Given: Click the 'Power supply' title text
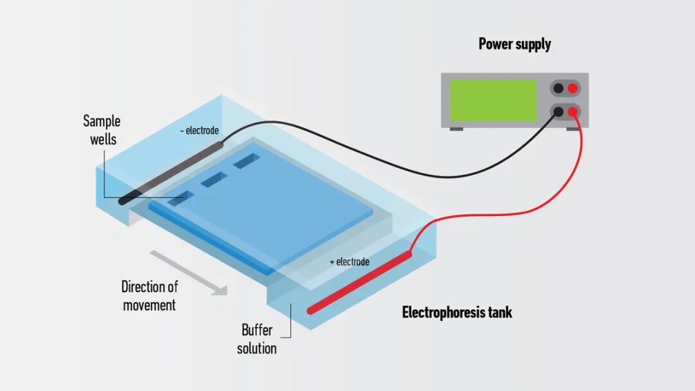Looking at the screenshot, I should click(x=514, y=44).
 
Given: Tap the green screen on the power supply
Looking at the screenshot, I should click(x=493, y=100).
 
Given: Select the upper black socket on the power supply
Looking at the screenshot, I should click(x=559, y=88).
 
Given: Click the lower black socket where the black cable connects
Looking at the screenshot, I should click(x=559, y=111).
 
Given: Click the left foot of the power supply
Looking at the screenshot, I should click(x=456, y=129).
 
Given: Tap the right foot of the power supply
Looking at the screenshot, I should click(x=572, y=129).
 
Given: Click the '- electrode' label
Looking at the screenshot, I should click(x=199, y=131).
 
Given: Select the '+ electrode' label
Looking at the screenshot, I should click(x=349, y=262).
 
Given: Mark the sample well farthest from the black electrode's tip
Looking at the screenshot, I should click(x=246, y=161).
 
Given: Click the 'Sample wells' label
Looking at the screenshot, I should click(x=102, y=129).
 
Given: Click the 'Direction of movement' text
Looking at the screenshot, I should click(x=149, y=296).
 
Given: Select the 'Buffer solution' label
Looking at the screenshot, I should click(x=257, y=340).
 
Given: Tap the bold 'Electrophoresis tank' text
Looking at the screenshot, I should click(x=457, y=313).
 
